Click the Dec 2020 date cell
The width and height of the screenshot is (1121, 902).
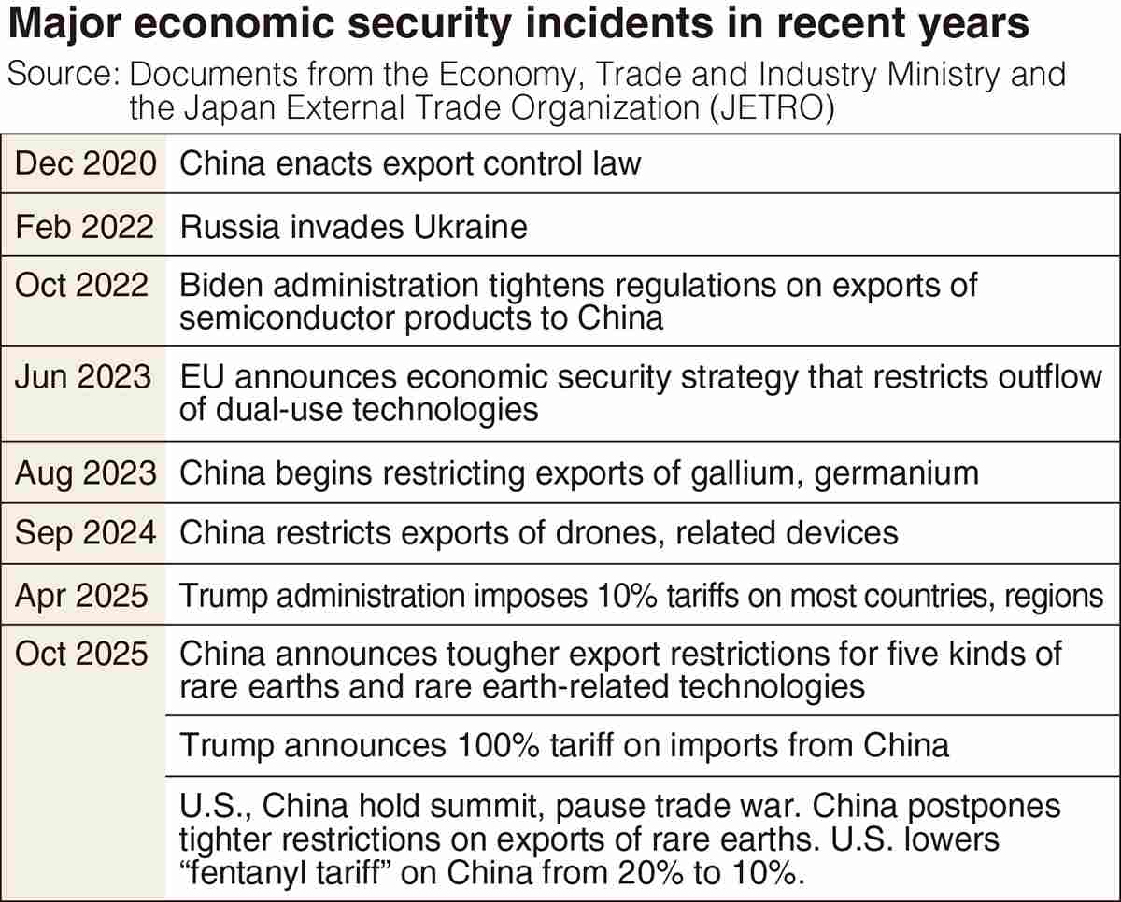click(x=84, y=164)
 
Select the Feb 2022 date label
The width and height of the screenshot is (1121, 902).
click(x=84, y=226)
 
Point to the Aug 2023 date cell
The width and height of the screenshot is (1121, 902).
click(x=84, y=472)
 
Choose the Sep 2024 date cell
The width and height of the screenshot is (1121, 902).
click(x=84, y=532)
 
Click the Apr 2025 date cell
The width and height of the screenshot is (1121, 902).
click(x=82, y=595)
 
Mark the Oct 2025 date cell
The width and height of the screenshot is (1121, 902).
click(x=82, y=654)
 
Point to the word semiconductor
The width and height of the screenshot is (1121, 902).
click(x=286, y=317)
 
